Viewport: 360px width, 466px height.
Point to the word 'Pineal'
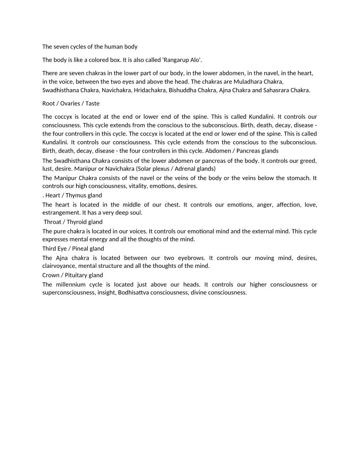[78, 248]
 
